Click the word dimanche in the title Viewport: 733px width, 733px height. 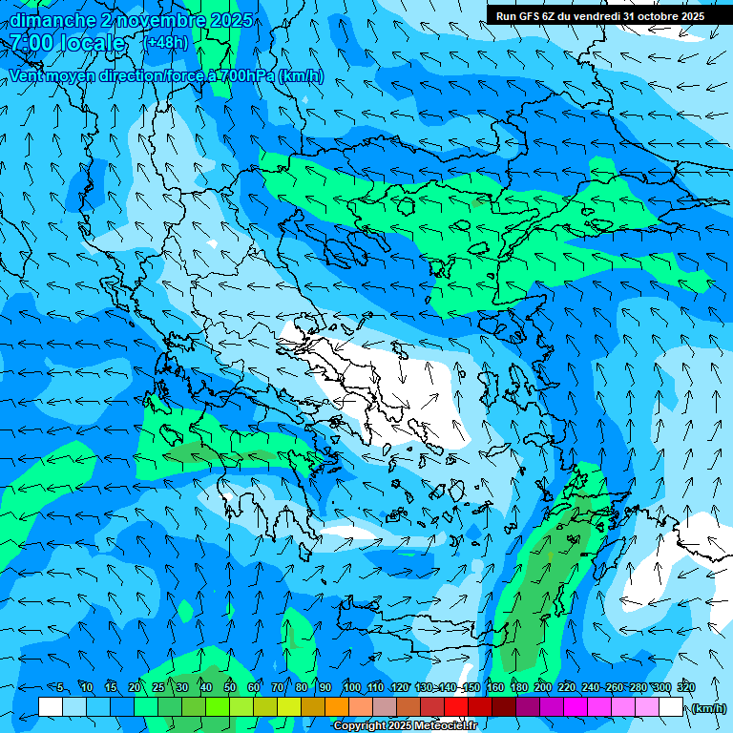click(52, 20)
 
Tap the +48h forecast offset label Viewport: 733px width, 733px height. click(167, 42)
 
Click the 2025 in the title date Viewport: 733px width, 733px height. click(232, 20)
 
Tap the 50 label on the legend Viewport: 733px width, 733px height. click(229, 687)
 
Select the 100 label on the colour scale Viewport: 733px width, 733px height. click(351, 687)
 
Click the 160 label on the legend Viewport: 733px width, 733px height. click(494, 687)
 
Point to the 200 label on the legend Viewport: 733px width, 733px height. click(542, 687)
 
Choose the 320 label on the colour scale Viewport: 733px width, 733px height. click(685, 687)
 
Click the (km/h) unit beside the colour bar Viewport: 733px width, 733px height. click(708, 708)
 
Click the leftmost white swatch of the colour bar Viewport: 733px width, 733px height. click(51, 707)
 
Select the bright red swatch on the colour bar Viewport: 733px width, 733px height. click(456, 707)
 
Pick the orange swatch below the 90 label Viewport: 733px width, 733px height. click(337, 707)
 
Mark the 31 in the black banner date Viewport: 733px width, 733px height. click(630, 16)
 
